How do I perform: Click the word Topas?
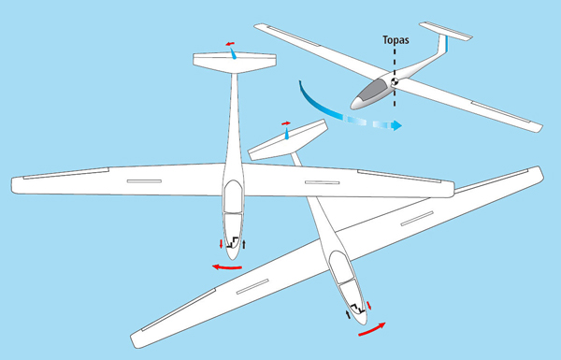396,39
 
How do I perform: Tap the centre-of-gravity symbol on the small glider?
395,81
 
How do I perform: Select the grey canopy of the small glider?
373,90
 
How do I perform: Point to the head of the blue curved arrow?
396,125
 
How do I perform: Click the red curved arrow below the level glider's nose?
227,266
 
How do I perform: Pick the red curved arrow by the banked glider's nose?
372,329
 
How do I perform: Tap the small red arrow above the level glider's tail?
230,44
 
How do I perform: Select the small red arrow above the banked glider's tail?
286,123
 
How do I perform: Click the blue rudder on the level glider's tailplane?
233,53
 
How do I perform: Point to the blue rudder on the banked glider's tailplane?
287,134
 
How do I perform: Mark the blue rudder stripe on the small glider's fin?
447,44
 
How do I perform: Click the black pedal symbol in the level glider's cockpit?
233,242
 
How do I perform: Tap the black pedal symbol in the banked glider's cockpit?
358,309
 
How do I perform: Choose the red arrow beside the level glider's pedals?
221,244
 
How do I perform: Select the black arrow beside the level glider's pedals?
244,244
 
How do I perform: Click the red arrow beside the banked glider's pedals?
369,306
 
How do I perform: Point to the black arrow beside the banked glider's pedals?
348,314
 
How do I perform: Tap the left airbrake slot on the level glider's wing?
144,181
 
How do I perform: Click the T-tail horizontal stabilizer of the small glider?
446,31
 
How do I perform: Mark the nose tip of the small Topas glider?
352,107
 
